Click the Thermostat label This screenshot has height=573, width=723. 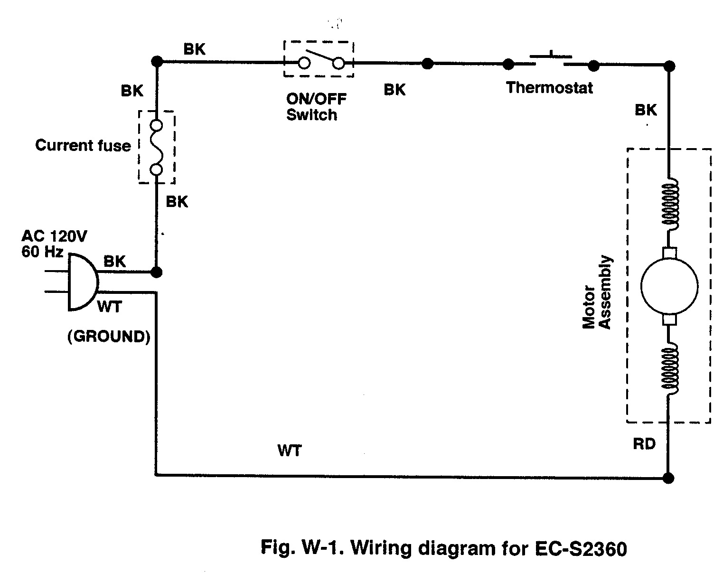click(x=549, y=88)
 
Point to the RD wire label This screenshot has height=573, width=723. click(x=644, y=444)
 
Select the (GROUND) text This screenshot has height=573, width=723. click(x=109, y=337)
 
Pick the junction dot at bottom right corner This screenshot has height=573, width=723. click(x=668, y=478)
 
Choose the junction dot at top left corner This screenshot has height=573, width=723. click(x=156, y=61)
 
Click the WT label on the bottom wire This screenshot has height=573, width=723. click(x=290, y=450)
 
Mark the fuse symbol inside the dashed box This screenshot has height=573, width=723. click(x=156, y=147)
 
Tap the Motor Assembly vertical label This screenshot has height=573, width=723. click(x=597, y=293)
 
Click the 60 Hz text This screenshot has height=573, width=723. click(x=42, y=252)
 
